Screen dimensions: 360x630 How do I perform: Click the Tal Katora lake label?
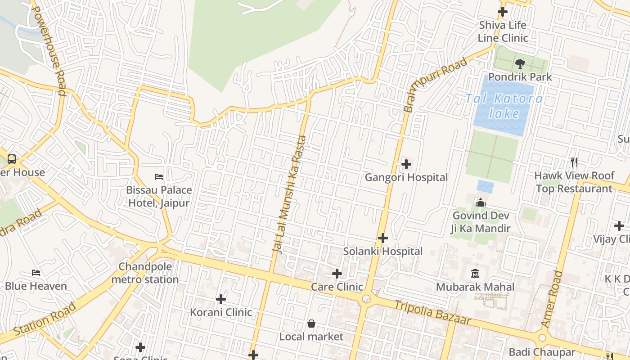[504, 106]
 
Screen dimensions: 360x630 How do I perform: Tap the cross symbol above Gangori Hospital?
[406, 164]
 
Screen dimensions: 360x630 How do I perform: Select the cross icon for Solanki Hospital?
[383, 238]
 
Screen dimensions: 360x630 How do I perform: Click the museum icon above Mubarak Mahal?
[475, 273]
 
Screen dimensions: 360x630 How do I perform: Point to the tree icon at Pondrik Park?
[520, 64]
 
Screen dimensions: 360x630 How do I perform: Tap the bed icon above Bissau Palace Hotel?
[159, 177]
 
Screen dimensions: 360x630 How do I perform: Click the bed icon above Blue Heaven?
[36, 273]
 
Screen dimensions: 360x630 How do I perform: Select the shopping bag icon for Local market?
[311, 324]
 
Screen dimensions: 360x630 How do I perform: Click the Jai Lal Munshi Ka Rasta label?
[289, 194]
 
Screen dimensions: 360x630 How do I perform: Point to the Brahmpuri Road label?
[435, 85]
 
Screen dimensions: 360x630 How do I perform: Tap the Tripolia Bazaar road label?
[432, 313]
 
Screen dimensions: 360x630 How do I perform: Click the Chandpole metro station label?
[145, 273]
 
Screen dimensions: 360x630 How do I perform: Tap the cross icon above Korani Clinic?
[221, 299]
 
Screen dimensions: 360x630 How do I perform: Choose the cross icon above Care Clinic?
[337, 274]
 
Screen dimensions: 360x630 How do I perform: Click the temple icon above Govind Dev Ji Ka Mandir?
[481, 202]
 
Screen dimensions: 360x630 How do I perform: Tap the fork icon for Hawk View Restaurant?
[574, 162]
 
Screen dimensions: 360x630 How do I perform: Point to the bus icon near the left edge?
[12, 159]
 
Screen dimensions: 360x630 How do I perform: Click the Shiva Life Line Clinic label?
[503, 31]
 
